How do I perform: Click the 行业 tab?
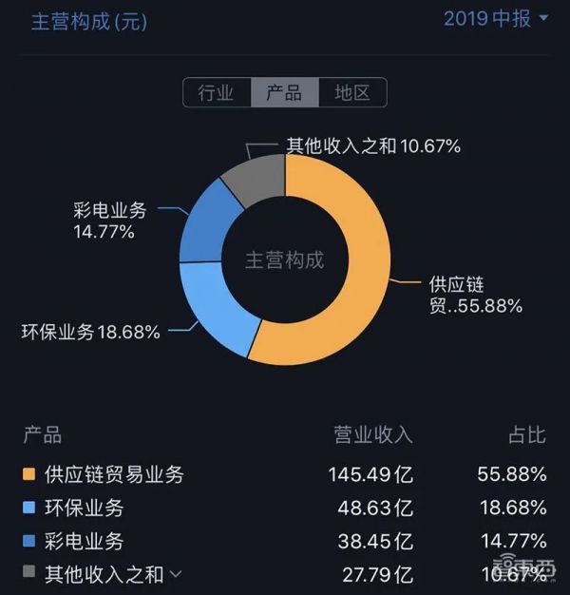(216, 92)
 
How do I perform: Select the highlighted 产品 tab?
(284, 92)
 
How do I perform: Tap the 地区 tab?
(351, 92)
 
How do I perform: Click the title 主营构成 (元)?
(89, 22)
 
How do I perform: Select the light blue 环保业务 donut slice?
(214, 309)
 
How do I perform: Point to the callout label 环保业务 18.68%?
(90, 333)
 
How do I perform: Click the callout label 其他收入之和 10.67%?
(372, 146)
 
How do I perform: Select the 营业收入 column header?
(372, 435)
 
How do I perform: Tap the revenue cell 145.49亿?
(370, 472)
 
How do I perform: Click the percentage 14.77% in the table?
(512, 541)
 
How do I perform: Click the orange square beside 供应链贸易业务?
(29, 472)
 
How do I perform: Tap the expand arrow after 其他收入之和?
(175, 574)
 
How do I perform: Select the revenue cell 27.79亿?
(374, 574)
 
